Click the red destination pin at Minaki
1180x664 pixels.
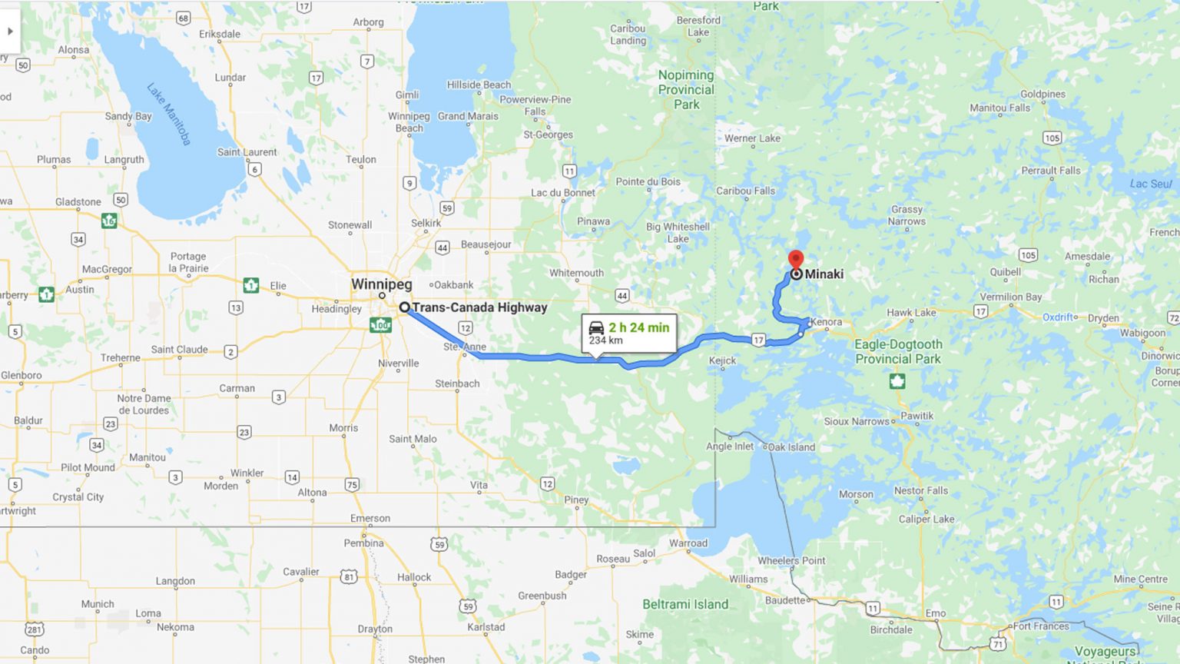click(x=796, y=259)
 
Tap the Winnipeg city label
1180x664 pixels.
click(x=381, y=284)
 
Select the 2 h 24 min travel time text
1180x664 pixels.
click(x=638, y=327)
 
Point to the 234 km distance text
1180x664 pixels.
click(x=605, y=340)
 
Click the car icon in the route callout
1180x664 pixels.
click(x=596, y=327)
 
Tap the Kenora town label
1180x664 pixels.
click(x=826, y=322)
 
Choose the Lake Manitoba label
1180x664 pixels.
click(x=169, y=114)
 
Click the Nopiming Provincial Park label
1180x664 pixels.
click(x=686, y=89)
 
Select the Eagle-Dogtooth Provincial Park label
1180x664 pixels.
click(x=898, y=351)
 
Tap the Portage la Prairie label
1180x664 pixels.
click(x=188, y=262)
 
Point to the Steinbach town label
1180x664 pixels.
click(x=457, y=383)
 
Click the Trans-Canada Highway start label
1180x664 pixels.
click(x=479, y=307)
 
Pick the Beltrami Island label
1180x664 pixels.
click(x=685, y=604)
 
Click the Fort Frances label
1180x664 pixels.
click(x=1041, y=626)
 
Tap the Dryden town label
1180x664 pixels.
click(x=1103, y=317)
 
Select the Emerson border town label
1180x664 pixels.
click(x=370, y=518)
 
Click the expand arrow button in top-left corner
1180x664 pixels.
click(x=10, y=32)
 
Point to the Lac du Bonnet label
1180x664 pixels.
click(x=563, y=192)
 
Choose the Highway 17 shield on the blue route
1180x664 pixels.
click(x=759, y=340)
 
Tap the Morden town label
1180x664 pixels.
click(x=220, y=486)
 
